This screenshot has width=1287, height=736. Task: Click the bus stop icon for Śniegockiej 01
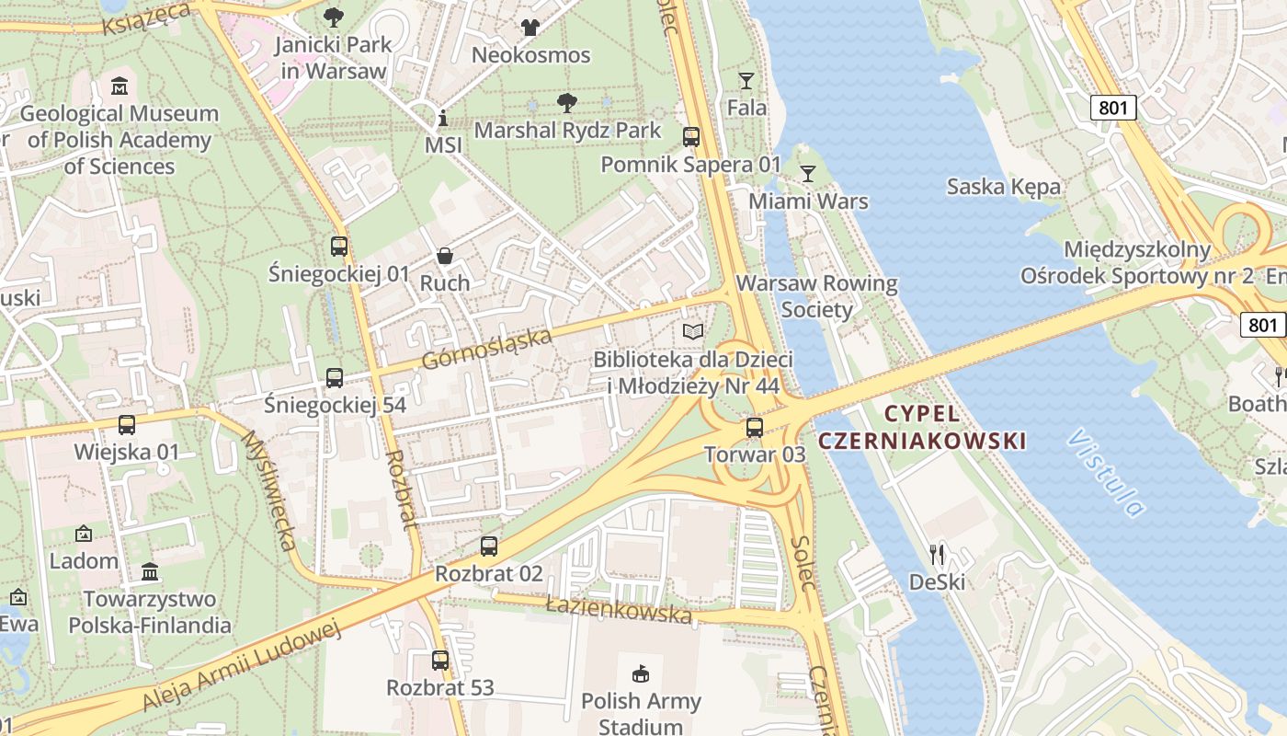(339, 247)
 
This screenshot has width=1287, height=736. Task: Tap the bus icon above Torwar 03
(755, 427)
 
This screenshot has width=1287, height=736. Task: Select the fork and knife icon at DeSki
(937, 554)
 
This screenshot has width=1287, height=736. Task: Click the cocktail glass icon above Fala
(746, 81)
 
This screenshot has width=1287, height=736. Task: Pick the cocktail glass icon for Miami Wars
(808, 173)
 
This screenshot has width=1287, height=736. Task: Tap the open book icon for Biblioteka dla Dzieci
(692, 331)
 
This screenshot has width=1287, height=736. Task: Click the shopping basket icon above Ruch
(445, 256)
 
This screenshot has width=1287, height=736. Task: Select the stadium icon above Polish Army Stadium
(640, 674)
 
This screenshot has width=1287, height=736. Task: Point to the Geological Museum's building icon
(119, 87)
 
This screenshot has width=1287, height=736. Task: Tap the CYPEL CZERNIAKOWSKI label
(921, 427)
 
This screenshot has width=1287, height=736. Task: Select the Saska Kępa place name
(1004, 187)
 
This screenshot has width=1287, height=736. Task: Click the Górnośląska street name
(487, 349)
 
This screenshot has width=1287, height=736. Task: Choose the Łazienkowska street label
(618, 609)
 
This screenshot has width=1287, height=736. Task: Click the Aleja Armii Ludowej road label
(241, 666)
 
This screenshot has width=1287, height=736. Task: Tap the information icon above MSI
(443, 118)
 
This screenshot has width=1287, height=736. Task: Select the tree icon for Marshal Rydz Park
(567, 102)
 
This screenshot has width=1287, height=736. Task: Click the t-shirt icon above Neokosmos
(530, 28)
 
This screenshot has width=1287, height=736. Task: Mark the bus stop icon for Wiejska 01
(127, 425)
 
